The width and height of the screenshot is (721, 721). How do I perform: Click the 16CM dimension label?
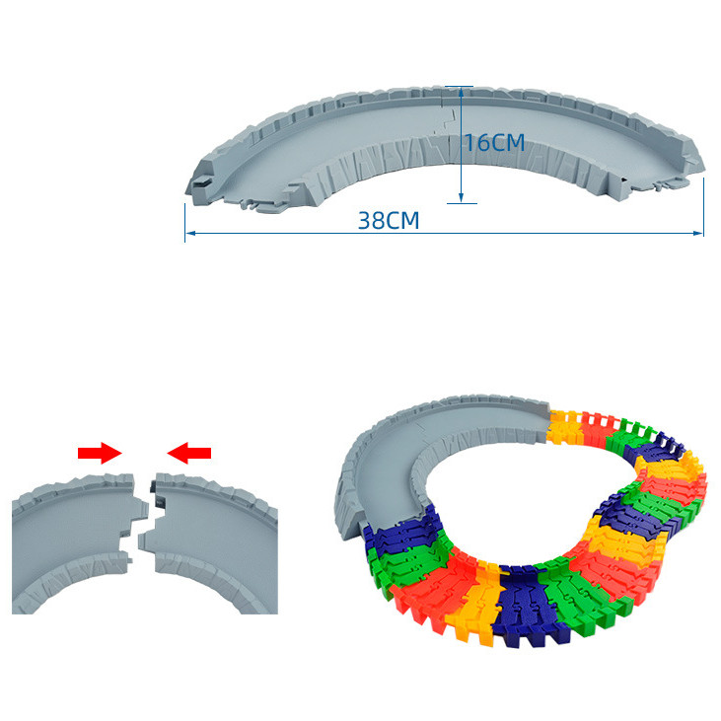(x=495, y=143)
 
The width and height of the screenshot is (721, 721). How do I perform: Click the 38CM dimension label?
(x=389, y=221)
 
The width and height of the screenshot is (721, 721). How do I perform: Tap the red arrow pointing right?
(x=100, y=453)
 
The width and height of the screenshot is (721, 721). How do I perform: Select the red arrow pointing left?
(x=189, y=453)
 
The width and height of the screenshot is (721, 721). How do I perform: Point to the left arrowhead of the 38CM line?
(x=190, y=233)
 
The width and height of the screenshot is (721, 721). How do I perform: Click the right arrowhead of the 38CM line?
(x=698, y=233)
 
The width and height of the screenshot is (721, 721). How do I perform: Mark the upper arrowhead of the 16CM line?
(x=461, y=92)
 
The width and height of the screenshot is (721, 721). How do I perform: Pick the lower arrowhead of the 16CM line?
(x=461, y=197)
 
